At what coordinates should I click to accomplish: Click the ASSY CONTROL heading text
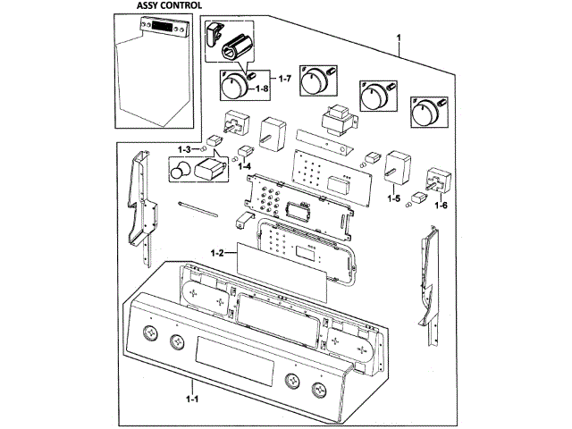[163, 5]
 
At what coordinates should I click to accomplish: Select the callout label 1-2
[217, 254]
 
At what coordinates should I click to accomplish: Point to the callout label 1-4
[243, 166]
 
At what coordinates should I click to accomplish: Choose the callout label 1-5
[393, 198]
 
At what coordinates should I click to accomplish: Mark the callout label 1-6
[440, 206]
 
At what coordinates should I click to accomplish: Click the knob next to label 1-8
[233, 88]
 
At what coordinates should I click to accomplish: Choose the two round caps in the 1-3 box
[181, 171]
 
